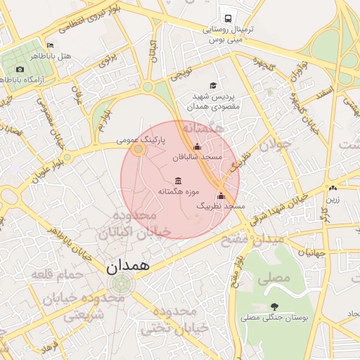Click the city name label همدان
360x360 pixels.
129,267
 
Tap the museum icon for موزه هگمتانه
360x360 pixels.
176,180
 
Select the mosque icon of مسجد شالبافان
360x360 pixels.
197,147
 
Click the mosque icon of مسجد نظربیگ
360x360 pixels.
221,195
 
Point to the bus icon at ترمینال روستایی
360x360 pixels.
228,19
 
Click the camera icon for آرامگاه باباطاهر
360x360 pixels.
20,69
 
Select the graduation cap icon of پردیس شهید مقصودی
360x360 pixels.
212,85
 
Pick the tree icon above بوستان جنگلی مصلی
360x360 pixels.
274,307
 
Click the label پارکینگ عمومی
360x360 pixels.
141,141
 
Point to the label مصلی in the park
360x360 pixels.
274,278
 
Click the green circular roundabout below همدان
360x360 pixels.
121,285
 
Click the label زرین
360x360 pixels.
332,199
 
